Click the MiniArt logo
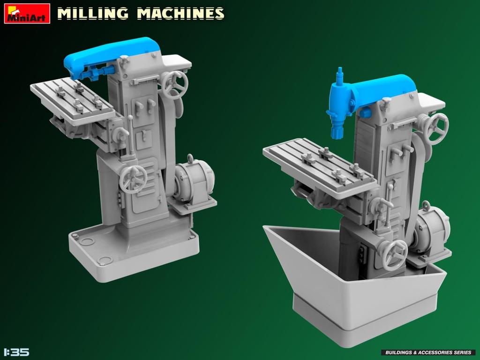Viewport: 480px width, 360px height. click(27, 14)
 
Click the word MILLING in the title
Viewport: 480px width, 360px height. click(92, 14)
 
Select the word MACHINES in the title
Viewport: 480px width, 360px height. click(180, 14)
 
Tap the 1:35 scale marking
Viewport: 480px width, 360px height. click(16, 352)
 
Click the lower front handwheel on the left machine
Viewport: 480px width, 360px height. click(133, 179)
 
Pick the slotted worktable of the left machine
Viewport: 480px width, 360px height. click(73, 99)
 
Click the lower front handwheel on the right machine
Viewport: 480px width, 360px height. click(394, 255)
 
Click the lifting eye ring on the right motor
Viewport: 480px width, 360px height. click(426, 206)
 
